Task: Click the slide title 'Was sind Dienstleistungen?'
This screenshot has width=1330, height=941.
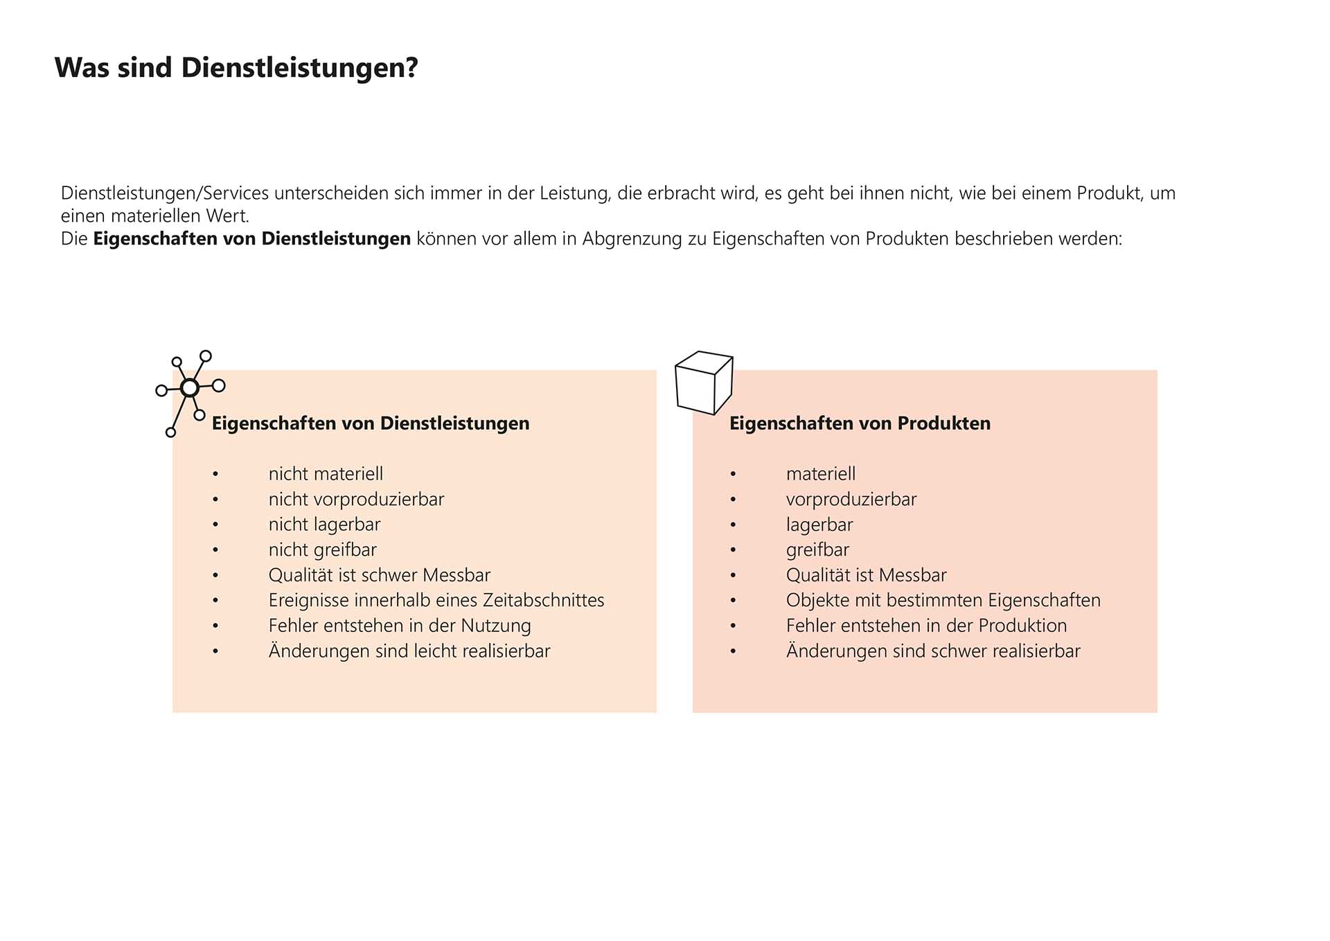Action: (x=236, y=68)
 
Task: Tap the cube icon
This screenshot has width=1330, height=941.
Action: (x=704, y=382)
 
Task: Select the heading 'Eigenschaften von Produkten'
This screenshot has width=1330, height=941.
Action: (x=860, y=423)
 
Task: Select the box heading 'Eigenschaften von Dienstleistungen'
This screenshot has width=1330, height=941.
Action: (x=370, y=423)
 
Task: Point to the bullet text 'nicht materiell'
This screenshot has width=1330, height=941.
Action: (x=326, y=474)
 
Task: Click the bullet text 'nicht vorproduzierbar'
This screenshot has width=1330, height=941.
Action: (x=356, y=500)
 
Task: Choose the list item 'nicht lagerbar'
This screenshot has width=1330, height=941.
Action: (x=324, y=525)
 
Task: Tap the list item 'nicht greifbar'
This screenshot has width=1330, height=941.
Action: (x=322, y=550)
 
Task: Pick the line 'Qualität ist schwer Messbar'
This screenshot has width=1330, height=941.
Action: (x=379, y=575)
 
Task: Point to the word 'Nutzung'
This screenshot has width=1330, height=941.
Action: (x=496, y=626)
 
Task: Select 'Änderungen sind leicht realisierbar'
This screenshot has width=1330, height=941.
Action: (x=409, y=651)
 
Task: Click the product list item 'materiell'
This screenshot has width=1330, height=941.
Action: (x=820, y=474)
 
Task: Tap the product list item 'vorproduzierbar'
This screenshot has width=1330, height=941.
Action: (x=851, y=500)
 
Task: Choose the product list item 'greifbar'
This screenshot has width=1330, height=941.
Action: (x=817, y=550)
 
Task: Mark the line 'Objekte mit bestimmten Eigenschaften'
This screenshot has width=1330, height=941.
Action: (x=943, y=600)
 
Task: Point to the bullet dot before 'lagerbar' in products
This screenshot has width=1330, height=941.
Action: (x=733, y=525)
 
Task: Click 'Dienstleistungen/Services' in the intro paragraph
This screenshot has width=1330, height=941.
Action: (x=164, y=193)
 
